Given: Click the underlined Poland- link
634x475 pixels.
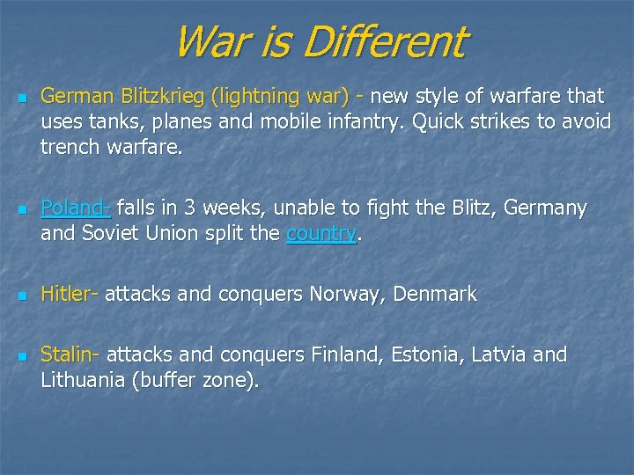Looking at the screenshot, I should coord(76,208).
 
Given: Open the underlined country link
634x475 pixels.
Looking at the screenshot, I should coord(321,235).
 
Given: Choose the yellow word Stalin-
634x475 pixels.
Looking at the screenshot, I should coord(70,354).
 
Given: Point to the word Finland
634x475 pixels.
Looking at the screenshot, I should coord(343,354).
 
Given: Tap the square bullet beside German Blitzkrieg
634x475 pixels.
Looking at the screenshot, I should coord(22,96).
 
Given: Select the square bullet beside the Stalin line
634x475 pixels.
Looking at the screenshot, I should coord(22,356).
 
